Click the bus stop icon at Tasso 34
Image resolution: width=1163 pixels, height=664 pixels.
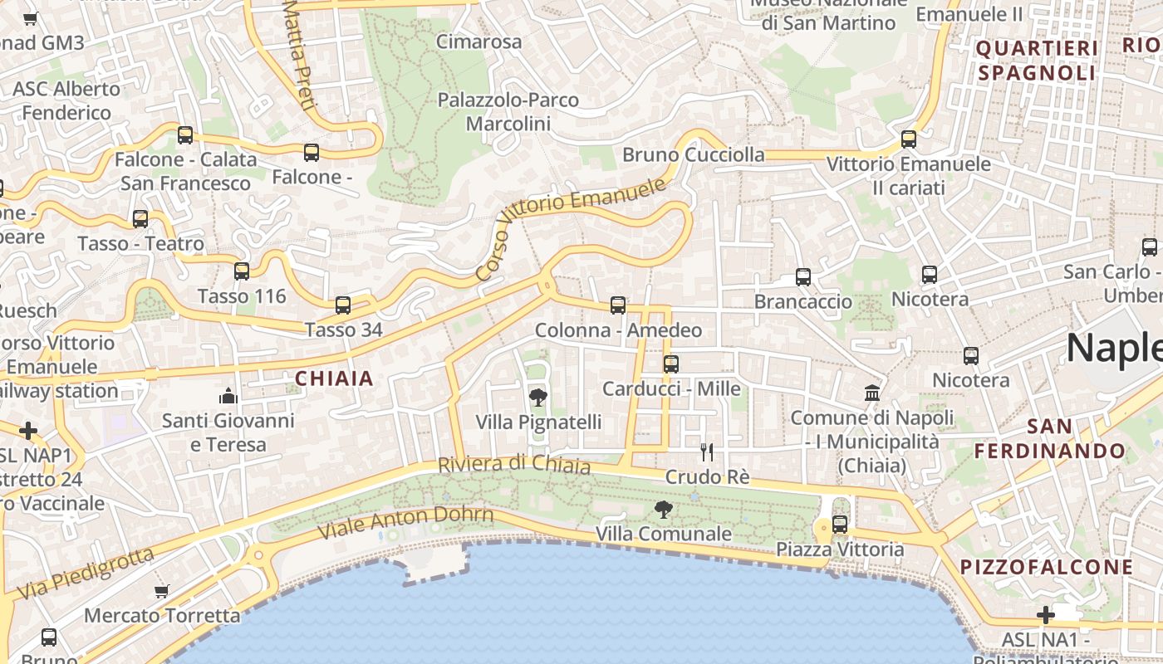343,305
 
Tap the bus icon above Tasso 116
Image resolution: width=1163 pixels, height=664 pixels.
242,271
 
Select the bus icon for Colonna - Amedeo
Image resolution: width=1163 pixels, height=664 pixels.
618,305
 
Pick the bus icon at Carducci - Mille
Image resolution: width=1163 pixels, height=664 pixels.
671,364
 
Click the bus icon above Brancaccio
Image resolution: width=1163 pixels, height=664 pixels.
803,277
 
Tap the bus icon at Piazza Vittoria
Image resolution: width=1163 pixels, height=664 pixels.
840,525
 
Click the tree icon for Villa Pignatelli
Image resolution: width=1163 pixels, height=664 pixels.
538,398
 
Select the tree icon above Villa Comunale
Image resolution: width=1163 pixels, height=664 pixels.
663,509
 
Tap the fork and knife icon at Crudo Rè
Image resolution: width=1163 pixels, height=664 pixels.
707,452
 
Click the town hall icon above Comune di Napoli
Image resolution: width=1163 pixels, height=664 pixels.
872,393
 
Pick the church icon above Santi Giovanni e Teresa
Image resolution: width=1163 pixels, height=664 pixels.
228,397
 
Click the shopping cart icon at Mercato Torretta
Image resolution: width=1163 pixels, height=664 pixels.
162,591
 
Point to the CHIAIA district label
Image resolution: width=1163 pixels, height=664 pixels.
334,379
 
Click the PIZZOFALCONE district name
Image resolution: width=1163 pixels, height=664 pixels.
1047,568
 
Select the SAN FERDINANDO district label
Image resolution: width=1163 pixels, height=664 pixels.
1050,439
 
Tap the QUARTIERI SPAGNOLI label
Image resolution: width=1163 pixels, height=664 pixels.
1037,61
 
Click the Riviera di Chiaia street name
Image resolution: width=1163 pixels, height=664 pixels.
514,465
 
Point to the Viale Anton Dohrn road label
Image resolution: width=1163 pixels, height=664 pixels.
406,521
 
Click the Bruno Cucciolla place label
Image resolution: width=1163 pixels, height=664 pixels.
694,155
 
